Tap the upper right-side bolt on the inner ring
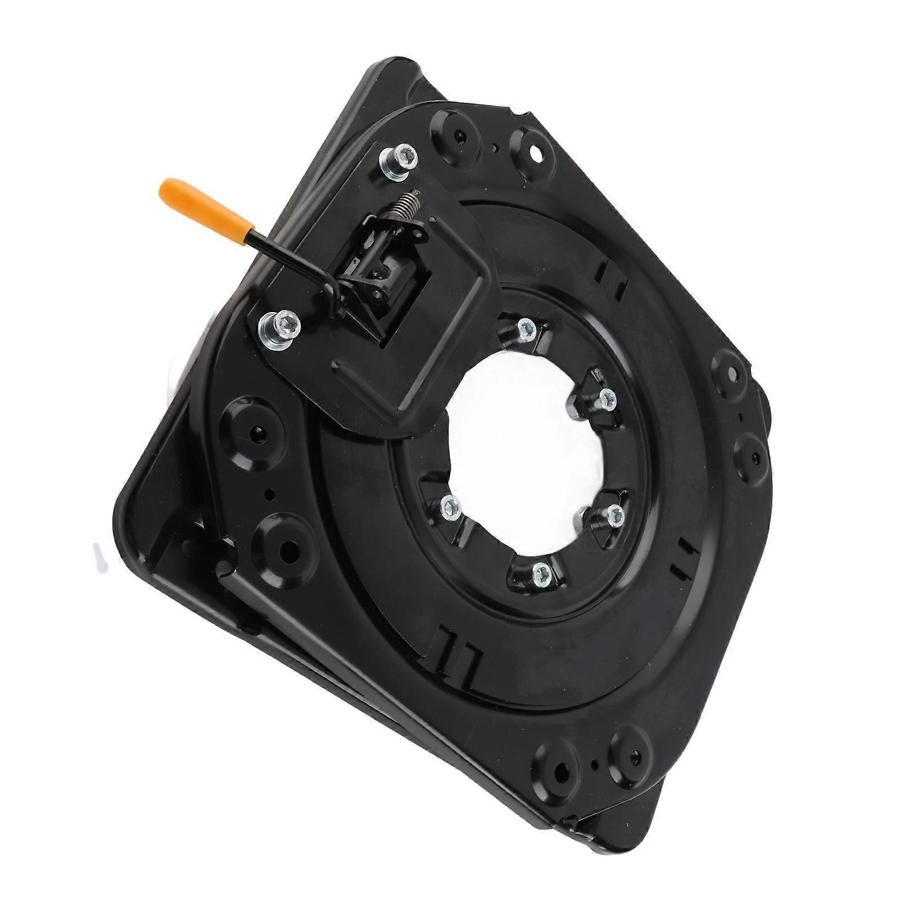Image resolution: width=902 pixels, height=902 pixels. [x=606, y=399]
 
